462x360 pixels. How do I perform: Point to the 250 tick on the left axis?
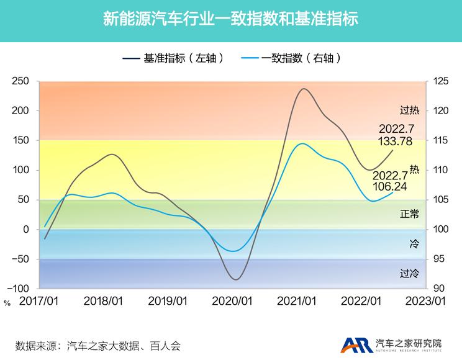[x=21, y=81]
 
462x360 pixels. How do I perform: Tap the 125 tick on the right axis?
[x=440, y=81]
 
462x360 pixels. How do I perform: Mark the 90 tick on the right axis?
[x=438, y=289]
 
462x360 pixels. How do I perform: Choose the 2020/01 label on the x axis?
[x=232, y=301]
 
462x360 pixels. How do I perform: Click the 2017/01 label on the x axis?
[x=38, y=301]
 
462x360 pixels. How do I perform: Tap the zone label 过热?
[x=410, y=110]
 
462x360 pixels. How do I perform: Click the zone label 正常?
[x=410, y=214]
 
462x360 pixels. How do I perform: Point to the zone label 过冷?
[x=410, y=273]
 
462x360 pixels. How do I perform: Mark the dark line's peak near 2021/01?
[x=303, y=89]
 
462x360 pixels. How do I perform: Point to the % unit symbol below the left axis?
[x=7, y=303]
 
